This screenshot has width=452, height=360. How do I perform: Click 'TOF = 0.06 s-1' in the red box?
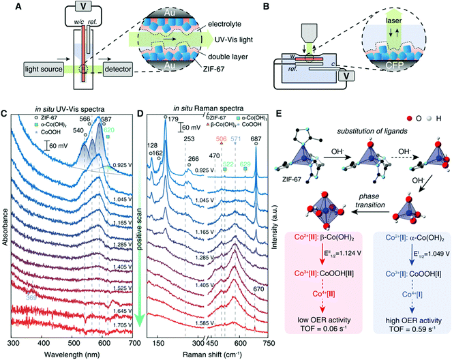(x=325, y=328)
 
